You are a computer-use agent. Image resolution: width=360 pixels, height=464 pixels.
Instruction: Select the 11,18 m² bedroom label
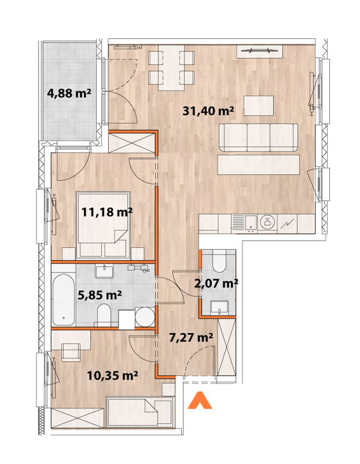(107, 211)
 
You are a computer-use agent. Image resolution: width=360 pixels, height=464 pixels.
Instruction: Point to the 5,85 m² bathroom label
(101, 295)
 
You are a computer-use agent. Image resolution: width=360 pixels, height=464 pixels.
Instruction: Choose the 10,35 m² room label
(113, 376)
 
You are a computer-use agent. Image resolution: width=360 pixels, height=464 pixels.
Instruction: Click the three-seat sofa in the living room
(258, 137)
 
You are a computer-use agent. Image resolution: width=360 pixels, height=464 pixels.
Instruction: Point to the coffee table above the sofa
(259, 106)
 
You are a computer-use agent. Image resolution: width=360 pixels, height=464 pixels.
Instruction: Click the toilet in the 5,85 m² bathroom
(104, 314)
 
